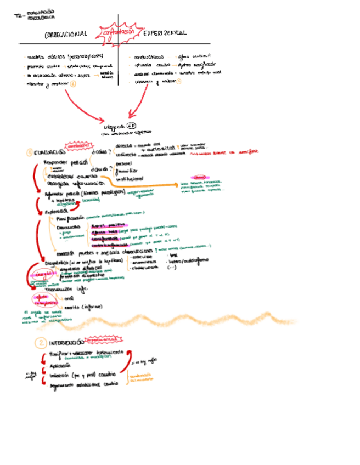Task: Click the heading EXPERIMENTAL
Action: pyautogui.click(x=165, y=33)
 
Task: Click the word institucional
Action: pyautogui.click(x=130, y=179)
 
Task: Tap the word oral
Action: pyautogui.click(x=69, y=299)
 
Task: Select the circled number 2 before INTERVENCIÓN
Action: pyautogui.click(x=40, y=343)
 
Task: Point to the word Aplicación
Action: pyautogui.click(x=60, y=365)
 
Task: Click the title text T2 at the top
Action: pyautogui.click(x=18, y=16)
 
